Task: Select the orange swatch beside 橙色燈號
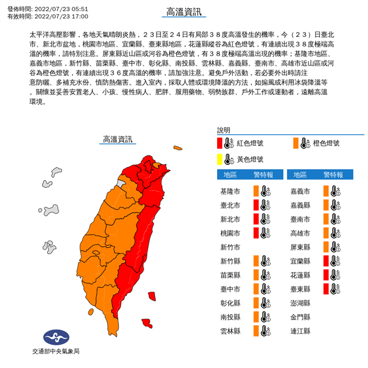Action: pos(295,143)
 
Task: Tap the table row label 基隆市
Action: pos(231,191)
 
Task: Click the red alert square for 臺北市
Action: pos(256,205)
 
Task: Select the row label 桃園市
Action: pos(231,233)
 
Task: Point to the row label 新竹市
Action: pos(231,247)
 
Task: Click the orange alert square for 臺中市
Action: pos(256,289)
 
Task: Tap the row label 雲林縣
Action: pos(231,331)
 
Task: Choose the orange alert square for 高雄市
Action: pos(326,233)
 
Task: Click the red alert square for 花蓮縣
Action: pos(326,275)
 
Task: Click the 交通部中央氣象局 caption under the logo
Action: pos(56,351)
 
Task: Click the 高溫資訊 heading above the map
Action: pos(118,139)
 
